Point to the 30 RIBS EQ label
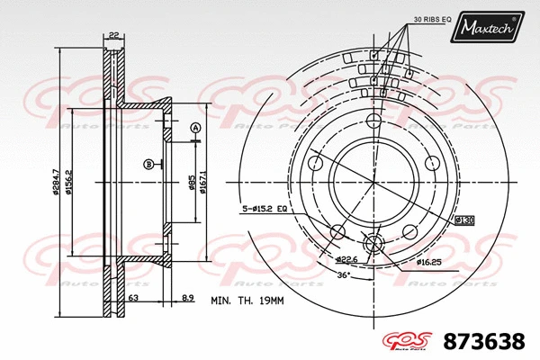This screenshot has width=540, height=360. [x=406, y=18]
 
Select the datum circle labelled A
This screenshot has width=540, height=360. [x=194, y=130]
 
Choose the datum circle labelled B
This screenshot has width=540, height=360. [x=148, y=164]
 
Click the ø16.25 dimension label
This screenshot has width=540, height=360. [x=428, y=262]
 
